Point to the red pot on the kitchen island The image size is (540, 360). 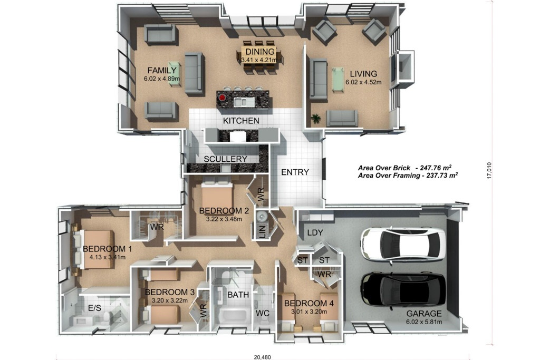(x=222, y=98)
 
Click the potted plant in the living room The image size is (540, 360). (x=315, y=119)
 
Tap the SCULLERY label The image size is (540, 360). (x=226, y=159)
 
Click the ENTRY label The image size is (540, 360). (x=295, y=172)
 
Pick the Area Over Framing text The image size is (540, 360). (x=408, y=176)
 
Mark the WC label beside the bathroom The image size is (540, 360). (x=263, y=313)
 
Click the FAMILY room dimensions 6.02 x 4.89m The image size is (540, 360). (x=161, y=79)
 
